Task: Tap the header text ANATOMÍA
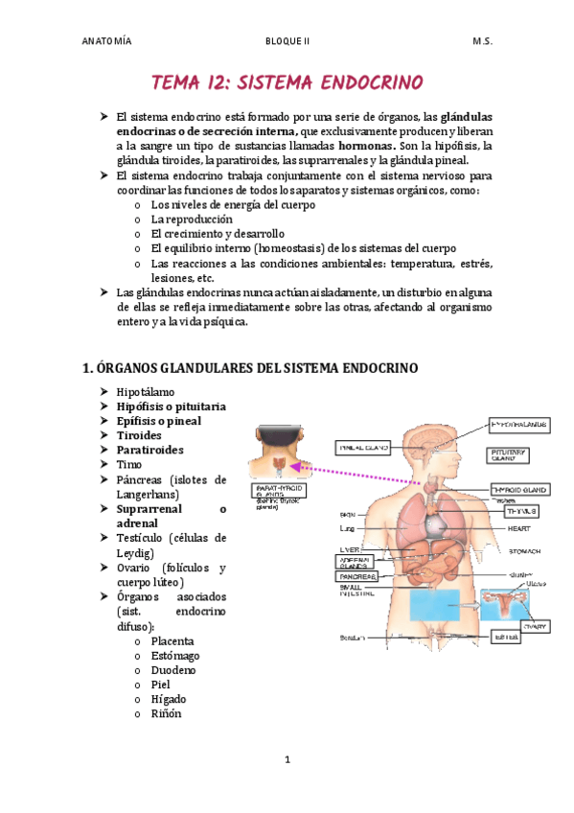[x=106, y=42]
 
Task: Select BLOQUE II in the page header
[x=287, y=42]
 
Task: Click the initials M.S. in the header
[x=482, y=42]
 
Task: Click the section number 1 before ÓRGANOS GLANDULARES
[x=86, y=367]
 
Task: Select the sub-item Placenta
[x=172, y=640]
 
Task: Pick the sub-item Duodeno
[x=173, y=670]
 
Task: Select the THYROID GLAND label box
[x=519, y=490]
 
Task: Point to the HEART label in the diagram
[x=519, y=528]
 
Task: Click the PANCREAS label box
[x=357, y=577]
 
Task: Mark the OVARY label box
[x=535, y=626]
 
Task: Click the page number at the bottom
[x=287, y=760]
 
